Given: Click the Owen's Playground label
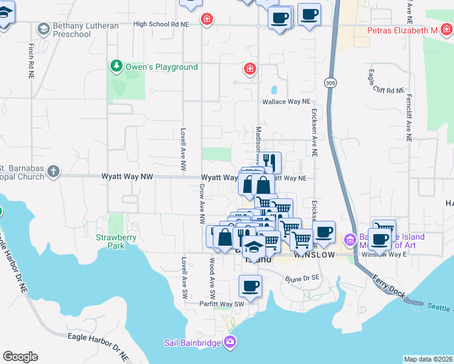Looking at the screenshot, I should click(x=161, y=67).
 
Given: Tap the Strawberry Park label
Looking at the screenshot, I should click(x=110, y=241).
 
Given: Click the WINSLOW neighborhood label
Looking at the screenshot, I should click(x=314, y=255).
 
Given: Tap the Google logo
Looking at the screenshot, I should click(x=20, y=357).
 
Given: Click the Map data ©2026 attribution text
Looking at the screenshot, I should click(x=428, y=359).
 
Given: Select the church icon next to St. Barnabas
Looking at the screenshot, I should click(x=53, y=172).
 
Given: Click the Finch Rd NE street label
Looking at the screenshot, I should click(x=30, y=61).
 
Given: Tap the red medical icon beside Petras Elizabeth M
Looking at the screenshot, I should click(x=446, y=30).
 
